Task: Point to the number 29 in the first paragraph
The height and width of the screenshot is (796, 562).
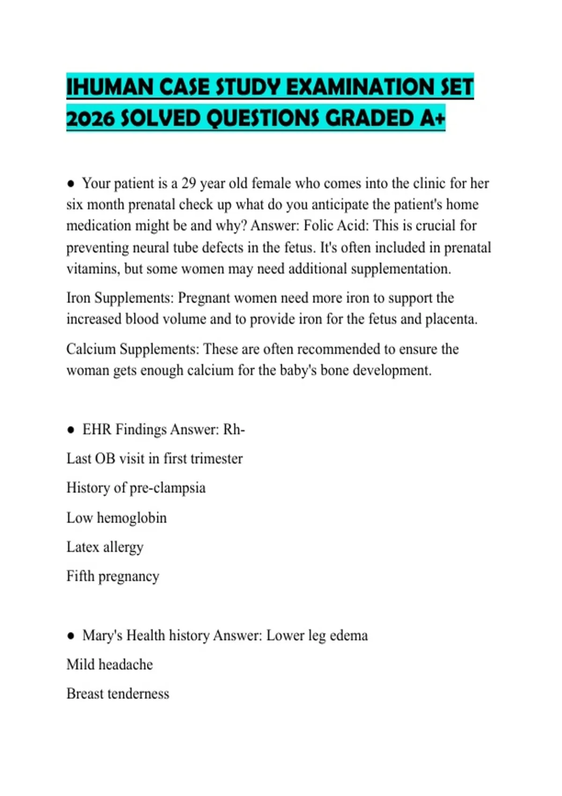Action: (x=188, y=183)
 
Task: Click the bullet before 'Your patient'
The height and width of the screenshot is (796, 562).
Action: (x=71, y=184)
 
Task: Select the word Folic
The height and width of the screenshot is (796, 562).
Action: (x=319, y=226)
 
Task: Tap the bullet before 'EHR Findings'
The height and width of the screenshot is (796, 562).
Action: (x=71, y=429)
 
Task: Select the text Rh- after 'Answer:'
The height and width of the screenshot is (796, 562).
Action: (x=234, y=429)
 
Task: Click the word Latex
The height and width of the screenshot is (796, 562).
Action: (x=82, y=547)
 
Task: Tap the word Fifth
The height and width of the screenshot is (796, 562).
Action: (x=80, y=576)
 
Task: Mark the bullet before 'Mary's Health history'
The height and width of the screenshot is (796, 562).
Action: (x=71, y=635)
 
